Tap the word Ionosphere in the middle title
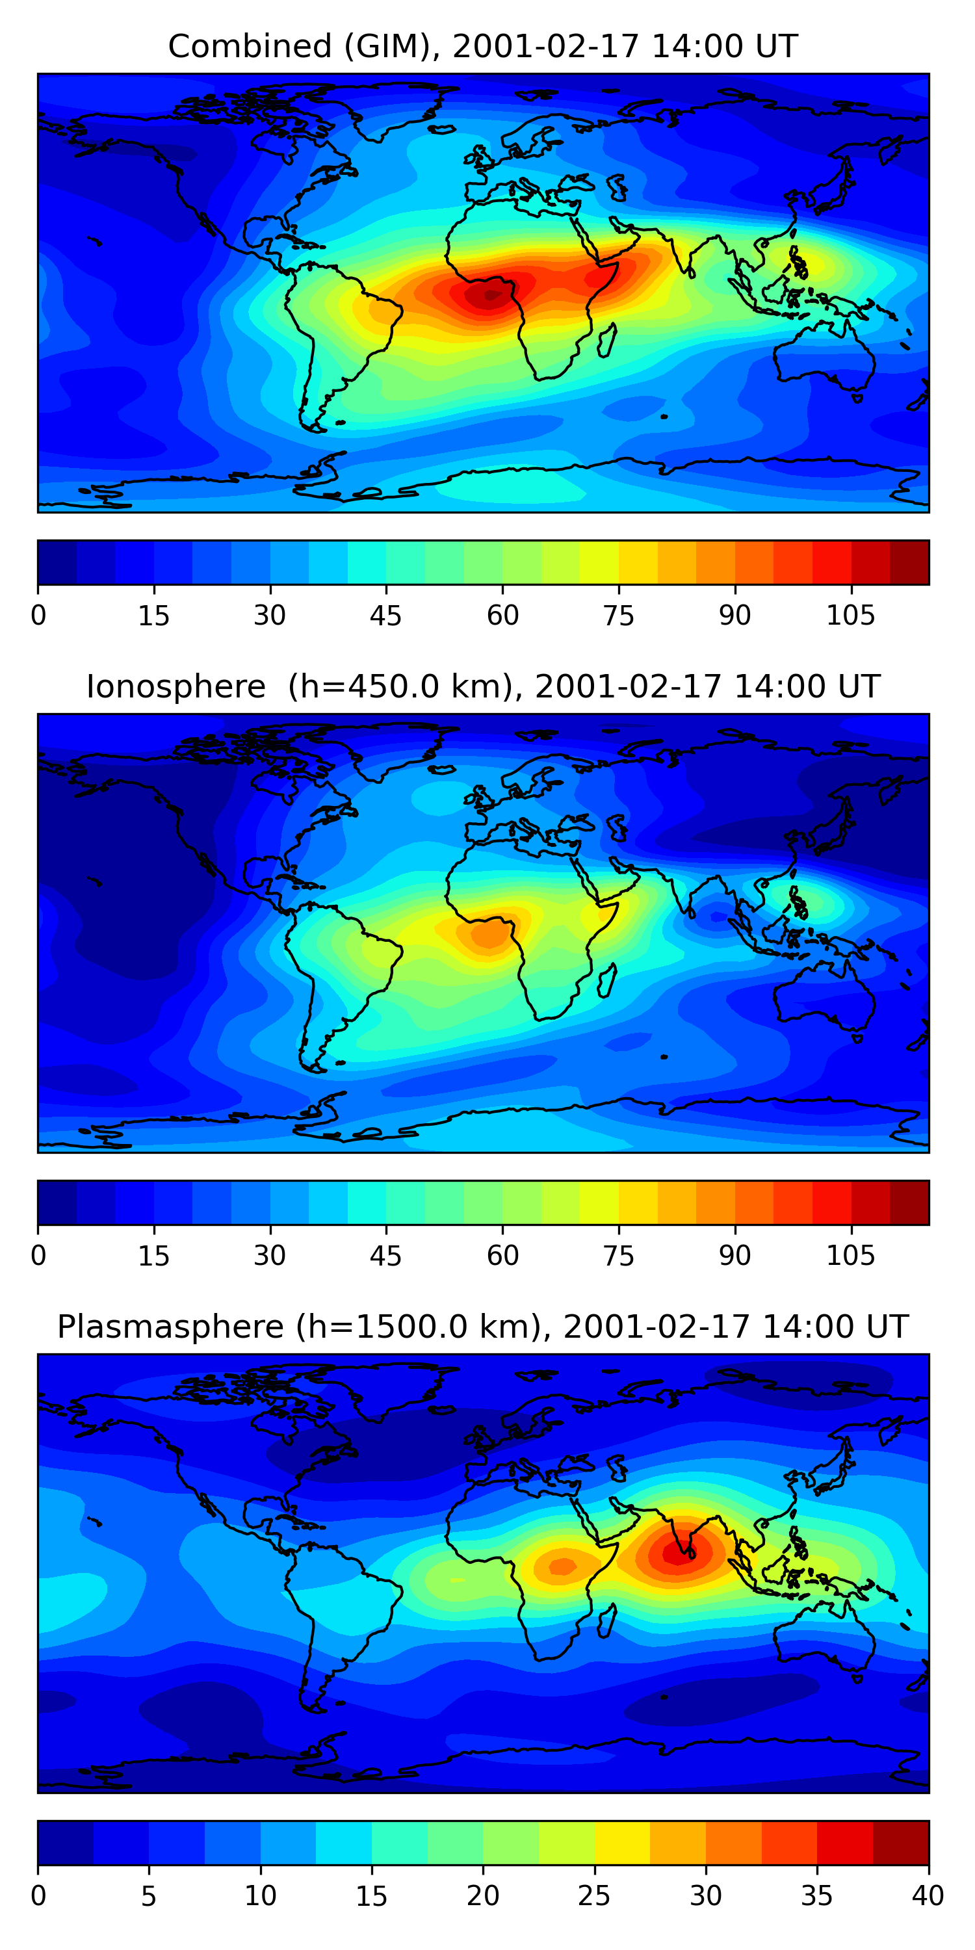tap(175, 687)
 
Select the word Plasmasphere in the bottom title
tap(170, 1327)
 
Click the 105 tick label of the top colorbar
tap(850, 616)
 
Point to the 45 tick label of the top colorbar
tap(385, 616)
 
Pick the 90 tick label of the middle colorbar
tap(734, 1256)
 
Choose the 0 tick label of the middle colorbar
tap(38, 1256)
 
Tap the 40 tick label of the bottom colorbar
tap(928, 1895)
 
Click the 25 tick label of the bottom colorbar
tap(593, 1895)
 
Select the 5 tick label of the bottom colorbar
tap(148, 1895)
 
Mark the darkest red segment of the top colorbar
tap(909, 562)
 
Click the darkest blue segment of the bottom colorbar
tap(65, 1843)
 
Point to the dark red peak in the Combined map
tap(488, 294)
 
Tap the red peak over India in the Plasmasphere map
tap(676, 1552)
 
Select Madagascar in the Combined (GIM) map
tap(606, 341)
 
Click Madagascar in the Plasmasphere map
tap(606, 1620)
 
